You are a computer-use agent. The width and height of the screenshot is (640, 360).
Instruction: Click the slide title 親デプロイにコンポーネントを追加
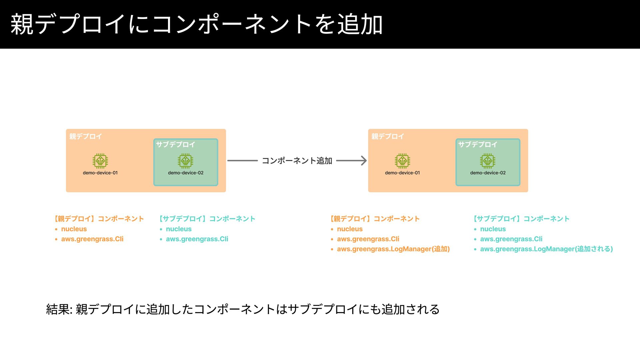coord(197,24)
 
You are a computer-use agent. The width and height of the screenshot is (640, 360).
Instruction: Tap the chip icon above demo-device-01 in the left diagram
coord(100,161)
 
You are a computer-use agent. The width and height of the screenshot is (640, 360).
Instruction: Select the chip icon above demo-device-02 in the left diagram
coord(185,161)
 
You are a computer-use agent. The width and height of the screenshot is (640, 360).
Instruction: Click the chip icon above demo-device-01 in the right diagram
coord(402,161)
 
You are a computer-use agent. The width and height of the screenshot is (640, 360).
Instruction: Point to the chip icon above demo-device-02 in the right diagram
coord(488,161)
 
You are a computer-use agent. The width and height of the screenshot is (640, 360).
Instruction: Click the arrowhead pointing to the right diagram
coord(364,161)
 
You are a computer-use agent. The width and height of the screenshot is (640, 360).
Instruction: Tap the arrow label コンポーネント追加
coord(297,161)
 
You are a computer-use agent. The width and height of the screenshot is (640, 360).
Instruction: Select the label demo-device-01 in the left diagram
coord(100,173)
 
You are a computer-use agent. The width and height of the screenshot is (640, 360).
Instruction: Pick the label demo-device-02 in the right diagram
coord(488,173)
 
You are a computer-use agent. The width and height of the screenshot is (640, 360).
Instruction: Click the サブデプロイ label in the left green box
coord(175,144)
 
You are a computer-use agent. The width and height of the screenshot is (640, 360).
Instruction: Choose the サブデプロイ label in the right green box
coord(478,144)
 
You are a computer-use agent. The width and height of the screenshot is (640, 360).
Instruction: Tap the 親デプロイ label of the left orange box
coord(86,136)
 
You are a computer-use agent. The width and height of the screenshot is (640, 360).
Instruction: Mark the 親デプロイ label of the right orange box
coord(388,136)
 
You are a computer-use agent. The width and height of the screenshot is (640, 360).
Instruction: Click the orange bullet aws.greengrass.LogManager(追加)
coord(393,249)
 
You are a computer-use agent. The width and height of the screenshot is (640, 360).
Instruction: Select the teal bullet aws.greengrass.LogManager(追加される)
coord(546,249)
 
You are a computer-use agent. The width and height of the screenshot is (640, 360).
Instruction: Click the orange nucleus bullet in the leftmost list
coord(74,229)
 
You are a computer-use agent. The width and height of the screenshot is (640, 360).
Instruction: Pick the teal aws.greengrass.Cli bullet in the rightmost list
coord(511,239)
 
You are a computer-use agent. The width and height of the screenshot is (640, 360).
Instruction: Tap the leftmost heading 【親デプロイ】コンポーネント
coord(99,219)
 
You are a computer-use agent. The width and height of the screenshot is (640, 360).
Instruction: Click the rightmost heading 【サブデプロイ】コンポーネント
coord(521,219)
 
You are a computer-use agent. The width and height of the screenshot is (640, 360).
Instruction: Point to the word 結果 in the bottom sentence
coord(58,309)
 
